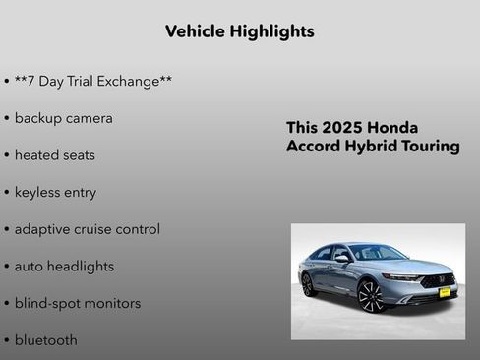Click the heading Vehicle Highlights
coord(240,31)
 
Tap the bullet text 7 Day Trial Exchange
coord(93,81)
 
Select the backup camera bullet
coord(63,118)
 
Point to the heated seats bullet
coord(54,155)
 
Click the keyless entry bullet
coord(55,192)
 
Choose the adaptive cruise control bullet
coord(87,229)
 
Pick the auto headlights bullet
coord(64,266)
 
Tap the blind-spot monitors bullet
coord(77,303)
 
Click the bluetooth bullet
coord(45,340)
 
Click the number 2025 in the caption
coord(343,128)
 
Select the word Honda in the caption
coord(394,128)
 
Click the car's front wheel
coord(370,294)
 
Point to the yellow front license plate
coord(444,291)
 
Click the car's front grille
coord(439,279)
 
